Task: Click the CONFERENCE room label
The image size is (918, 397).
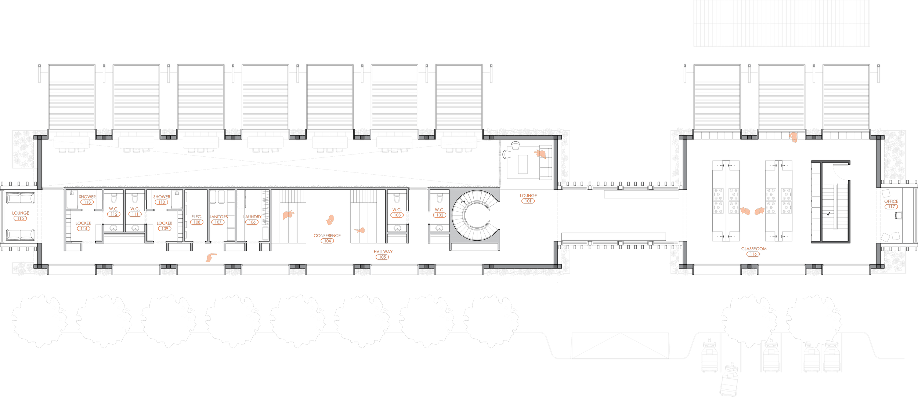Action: [x=327, y=236]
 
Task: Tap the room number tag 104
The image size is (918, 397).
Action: [x=327, y=241]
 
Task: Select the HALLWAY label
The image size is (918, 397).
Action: [x=383, y=252]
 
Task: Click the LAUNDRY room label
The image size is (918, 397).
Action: [x=252, y=217]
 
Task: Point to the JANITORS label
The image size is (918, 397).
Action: [x=218, y=217]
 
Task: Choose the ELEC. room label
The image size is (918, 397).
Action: [x=196, y=217]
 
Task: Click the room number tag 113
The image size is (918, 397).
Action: [x=87, y=202]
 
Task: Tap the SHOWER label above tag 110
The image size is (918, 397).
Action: [x=162, y=197]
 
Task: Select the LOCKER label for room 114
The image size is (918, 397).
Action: [x=83, y=223]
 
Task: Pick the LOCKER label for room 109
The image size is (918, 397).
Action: [x=164, y=223]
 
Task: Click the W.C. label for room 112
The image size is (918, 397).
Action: [x=113, y=209]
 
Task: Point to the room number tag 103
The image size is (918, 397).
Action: [x=397, y=215]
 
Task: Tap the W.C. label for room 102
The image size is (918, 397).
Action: [x=439, y=210]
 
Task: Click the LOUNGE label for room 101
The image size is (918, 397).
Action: [x=528, y=196]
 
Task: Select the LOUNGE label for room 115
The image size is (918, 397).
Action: [x=21, y=213]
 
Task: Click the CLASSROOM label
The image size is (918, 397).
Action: [x=754, y=249]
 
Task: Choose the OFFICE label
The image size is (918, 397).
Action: [x=891, y=201]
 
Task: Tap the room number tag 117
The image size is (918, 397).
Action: [x=891, y=207]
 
